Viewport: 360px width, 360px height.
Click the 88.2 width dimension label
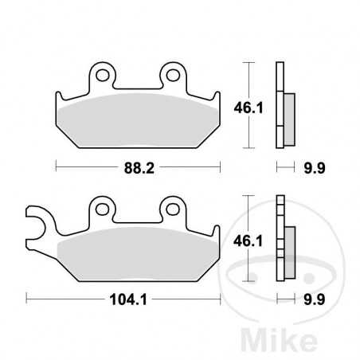(x=138, y=167)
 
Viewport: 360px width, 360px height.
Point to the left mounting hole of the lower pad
(x=102, y=208)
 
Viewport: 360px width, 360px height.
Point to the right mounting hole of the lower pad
(x=173, y=208)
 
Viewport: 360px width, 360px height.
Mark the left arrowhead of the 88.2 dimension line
(x=57, y=167)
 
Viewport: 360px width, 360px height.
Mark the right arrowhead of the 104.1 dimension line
(x=218, y=299)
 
